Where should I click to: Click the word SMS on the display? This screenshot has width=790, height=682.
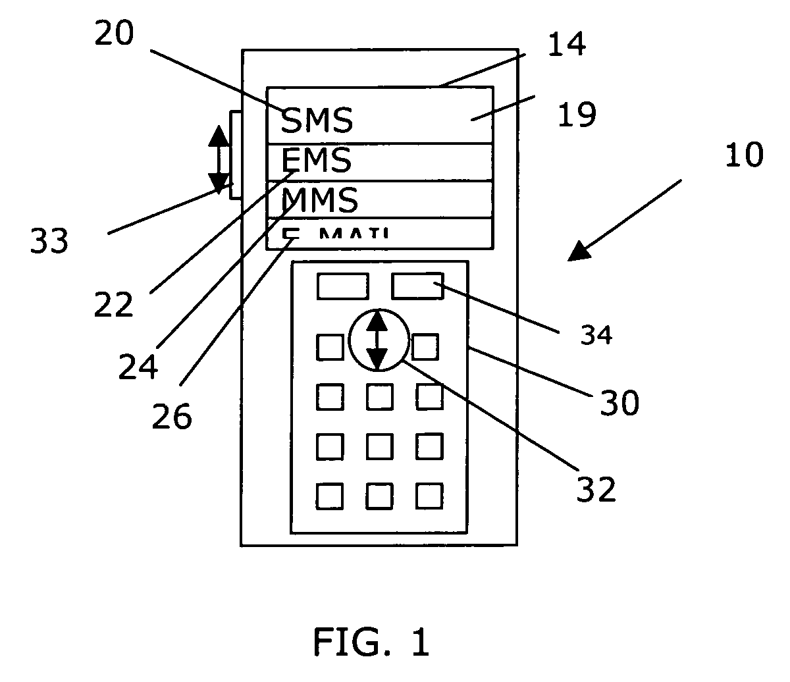(317, 120)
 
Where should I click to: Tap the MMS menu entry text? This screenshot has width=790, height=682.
(320, 199)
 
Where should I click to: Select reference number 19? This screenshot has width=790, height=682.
(577, 114)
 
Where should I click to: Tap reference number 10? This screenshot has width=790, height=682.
(744, 155)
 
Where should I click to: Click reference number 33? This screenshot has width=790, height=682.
(49, 242)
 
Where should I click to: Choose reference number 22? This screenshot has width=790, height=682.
(113, 303)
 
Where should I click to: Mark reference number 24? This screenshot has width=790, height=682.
(138, 365)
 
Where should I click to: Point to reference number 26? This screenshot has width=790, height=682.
(172, 415)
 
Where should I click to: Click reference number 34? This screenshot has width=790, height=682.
(596, 336)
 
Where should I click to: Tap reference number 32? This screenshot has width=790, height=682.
(596, 488)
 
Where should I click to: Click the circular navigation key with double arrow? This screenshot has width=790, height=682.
(377, 340)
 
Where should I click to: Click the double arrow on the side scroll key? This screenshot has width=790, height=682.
(219, 157)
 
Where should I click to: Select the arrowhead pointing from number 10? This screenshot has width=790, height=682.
(579, 251)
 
